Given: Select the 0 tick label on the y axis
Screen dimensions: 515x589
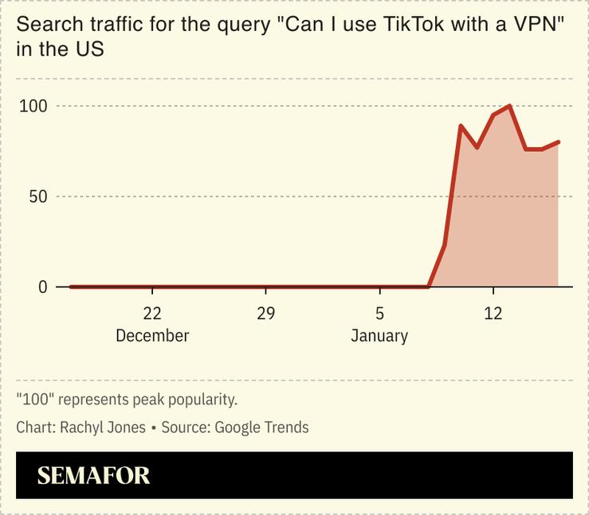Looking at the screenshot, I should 42,287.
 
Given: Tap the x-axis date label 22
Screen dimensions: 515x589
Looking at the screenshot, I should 152,313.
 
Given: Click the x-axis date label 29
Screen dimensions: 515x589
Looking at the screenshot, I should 265,313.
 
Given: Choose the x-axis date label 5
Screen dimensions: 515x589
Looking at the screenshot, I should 379,313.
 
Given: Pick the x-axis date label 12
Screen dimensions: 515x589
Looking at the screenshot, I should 493,313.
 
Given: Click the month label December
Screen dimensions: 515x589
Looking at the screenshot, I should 152,336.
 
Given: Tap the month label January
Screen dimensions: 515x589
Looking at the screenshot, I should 379,336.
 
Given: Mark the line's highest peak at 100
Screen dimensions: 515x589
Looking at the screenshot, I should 509,105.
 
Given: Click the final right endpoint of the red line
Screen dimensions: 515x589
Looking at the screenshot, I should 559,142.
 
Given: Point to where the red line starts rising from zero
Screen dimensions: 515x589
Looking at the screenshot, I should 429,286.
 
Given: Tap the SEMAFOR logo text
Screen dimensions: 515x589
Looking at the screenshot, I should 93,476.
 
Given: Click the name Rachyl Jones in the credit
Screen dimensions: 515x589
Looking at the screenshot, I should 103,427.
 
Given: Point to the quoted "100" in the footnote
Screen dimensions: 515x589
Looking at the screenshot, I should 34,399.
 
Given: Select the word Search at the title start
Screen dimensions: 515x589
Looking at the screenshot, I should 45,25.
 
